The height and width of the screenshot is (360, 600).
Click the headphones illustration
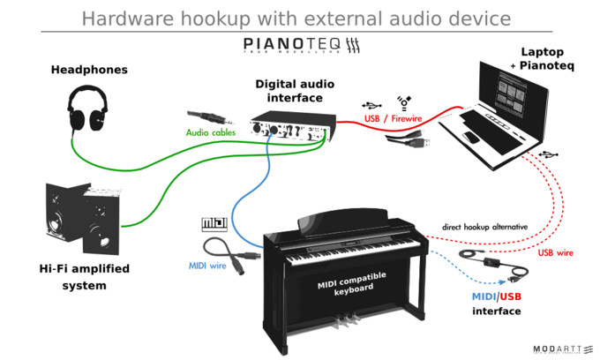coord(89,109)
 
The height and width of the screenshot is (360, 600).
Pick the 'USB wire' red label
coord(557,253)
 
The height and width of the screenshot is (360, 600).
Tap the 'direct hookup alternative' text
coord(484,227)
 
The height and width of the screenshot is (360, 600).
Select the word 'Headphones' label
coord(89,70)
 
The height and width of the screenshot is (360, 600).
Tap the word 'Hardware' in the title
coord(124,17)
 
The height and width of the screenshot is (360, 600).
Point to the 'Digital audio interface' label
coord(296,90)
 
